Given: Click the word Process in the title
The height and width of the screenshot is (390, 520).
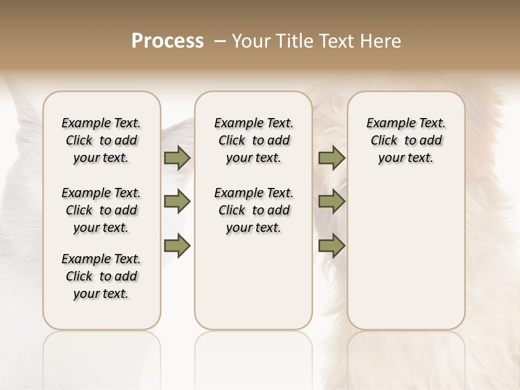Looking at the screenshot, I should pyautogui.click(x=167, y=41).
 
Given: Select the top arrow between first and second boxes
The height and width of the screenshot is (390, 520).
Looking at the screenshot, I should pyautogui.click(x=177, y=158).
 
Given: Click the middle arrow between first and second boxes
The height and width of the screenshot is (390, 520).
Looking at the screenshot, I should pyautogui.click(x=177, y=202).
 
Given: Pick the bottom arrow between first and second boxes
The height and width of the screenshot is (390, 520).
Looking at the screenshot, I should pyautogui.click(x=177, y=245).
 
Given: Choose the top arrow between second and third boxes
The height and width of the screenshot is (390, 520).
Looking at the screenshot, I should pyautogui.click(x=331, y=158).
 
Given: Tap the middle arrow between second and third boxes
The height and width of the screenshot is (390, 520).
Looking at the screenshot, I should pyautogui.click(x=331, y=202).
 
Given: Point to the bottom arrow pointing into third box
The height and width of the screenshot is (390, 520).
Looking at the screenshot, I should pyautogui.click(x=331, y=245).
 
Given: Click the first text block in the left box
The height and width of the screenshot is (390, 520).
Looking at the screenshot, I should pyautogui.click(x=101, y=140).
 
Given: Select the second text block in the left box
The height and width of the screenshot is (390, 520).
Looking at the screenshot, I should pyautogui.click(x=101, y=210).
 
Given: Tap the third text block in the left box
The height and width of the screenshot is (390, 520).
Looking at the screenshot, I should pyautogui.click(x=101, y=276).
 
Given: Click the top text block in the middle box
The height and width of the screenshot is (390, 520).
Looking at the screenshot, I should pyautogui.click(x=253, y=140).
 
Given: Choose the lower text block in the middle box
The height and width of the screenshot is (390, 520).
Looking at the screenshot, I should pyautogui.click(x=253, y=210).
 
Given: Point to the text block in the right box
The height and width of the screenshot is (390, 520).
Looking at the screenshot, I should pyautogui.click(x=406, y=140).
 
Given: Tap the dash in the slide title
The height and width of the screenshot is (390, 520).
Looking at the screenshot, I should pyautogui.click(x=218, y=41).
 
